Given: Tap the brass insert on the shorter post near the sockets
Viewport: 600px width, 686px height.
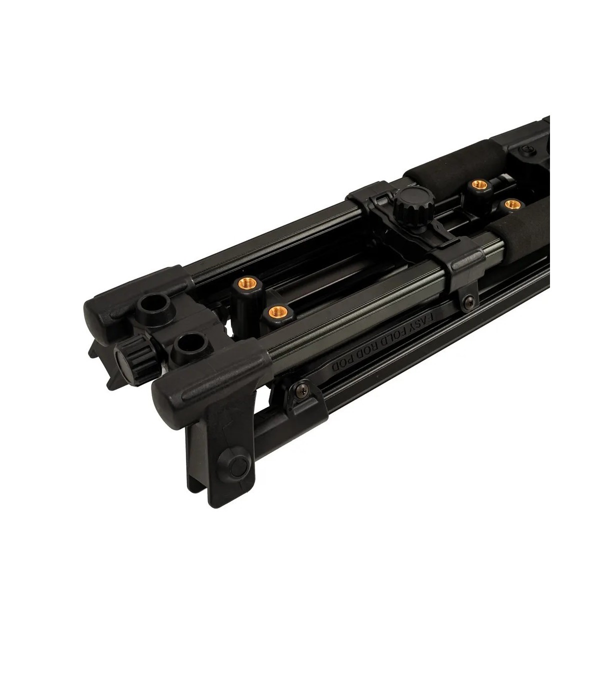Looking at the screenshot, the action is click(x=278, y=312).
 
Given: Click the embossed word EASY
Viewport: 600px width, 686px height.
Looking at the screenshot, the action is click(x=425, y=321).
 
